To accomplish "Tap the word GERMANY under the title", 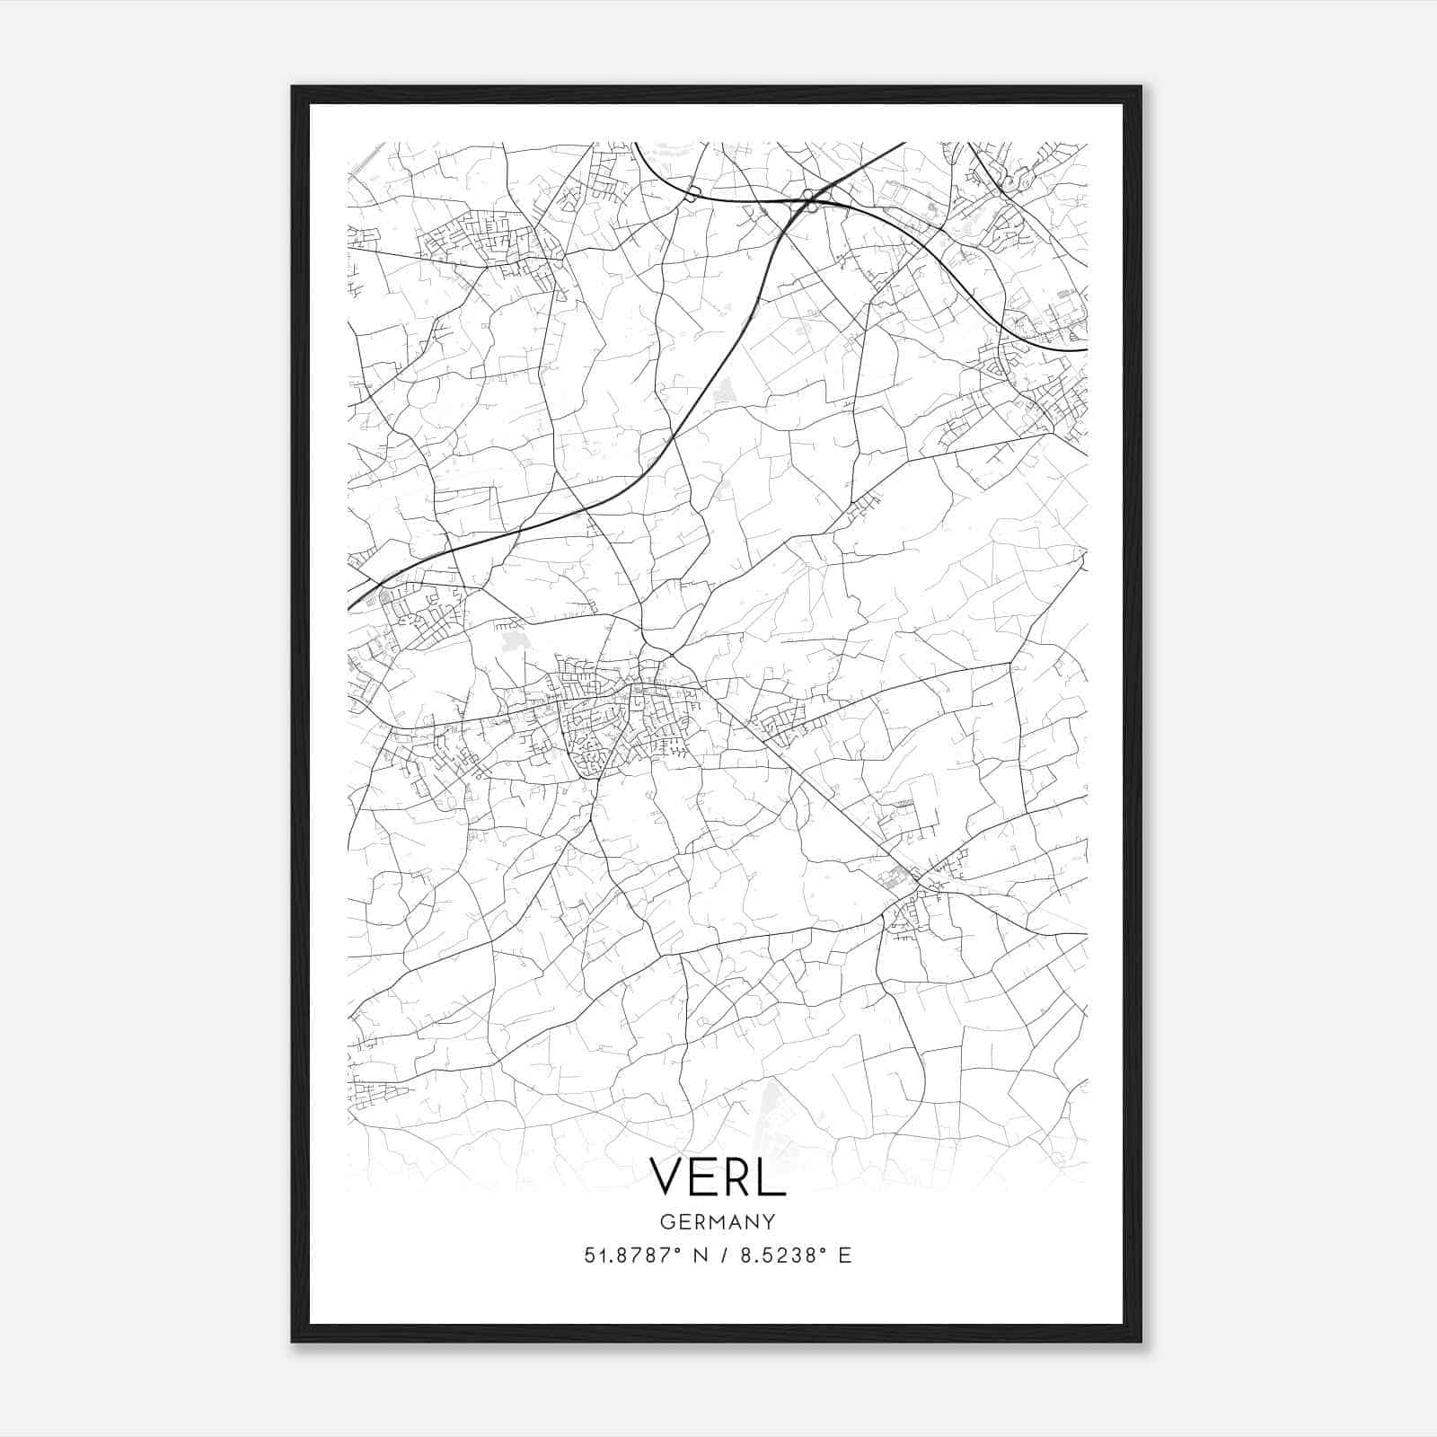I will tap(717, 1221).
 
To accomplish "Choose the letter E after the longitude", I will tap(844, 1256).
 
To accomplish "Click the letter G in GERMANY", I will tap(666, 1221).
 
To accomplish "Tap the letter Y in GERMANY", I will tap(769, 1221).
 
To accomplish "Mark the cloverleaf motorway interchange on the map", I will tap(810, 200).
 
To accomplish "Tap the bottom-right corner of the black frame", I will tap(1140, 1341).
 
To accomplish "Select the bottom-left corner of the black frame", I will tap(293, 1341).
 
